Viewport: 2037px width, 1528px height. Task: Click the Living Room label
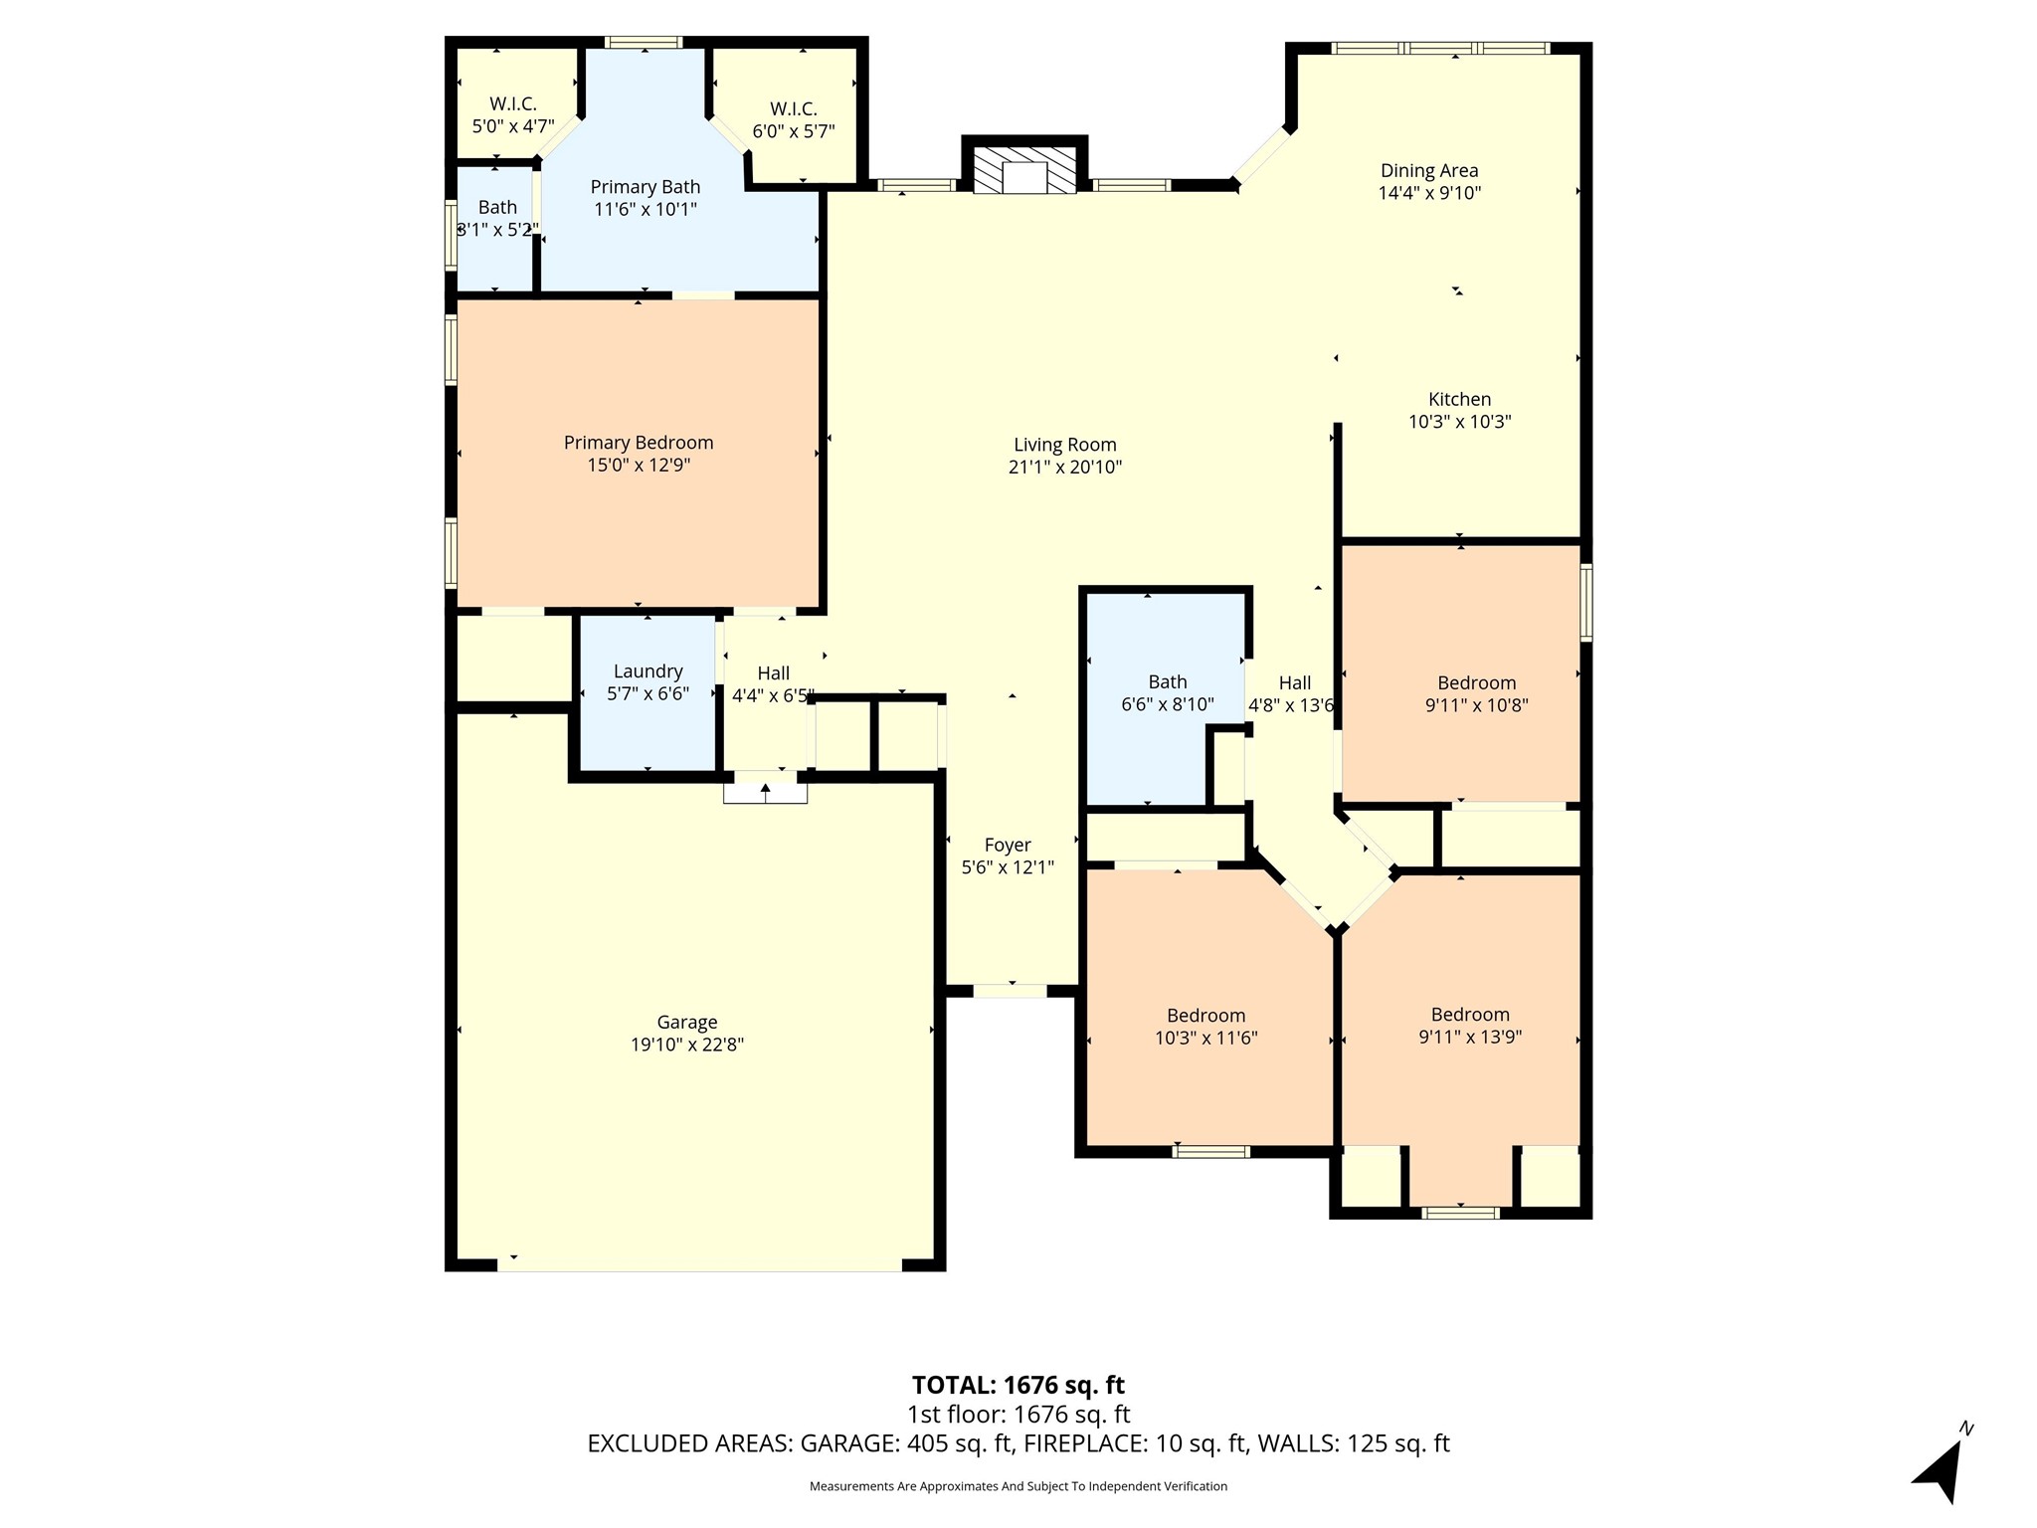pyautogui.click(x=1064, y=445)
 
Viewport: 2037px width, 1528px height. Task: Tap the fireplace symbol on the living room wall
pyautogui.click(x=1024, y=170)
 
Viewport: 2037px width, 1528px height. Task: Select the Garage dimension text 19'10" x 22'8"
pyautogui.click(x=687, y=1045)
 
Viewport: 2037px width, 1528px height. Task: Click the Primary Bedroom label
pyautogui.click(x=639, y=443)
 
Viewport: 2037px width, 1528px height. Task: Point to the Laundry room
pyautogui.click(x=648, y=693)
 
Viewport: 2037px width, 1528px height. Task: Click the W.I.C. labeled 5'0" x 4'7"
pyautogui.click(x=513, y=103)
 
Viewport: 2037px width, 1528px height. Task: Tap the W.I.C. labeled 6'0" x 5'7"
pyautogui.click(x=794, y=108)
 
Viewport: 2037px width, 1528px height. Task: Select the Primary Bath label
pyautogui.click(x=646, y=187)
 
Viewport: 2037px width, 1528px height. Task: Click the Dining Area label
pyautogui.click(x=1429, y=171)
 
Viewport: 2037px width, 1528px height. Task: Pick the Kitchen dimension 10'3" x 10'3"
pyautogui.click(x=1460, y=422)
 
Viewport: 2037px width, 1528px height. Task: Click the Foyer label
pyautogui.click(x=1008, y=846)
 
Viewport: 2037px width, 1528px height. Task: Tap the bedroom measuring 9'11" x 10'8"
pyautogui.click(x=1461, y=673)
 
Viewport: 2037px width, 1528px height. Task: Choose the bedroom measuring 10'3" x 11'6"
pyautogui.click(x=1207, y=1025)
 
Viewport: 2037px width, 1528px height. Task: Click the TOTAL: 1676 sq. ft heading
pyautogui.click(x=1018, y=1385)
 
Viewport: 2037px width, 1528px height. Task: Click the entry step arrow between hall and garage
pyautogui.click(x=766, y=792)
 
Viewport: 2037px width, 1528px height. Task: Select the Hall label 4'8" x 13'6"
pyautogui.click(x=1291, y=705)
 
